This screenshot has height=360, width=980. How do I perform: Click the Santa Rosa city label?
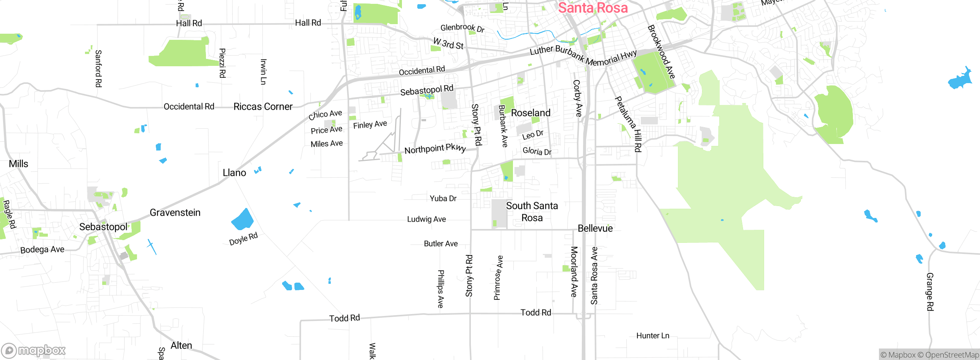click(x=593, y=8)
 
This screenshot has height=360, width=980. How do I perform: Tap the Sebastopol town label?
click(x=103, y=227)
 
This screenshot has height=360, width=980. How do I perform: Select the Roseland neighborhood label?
click(x=531, y=113)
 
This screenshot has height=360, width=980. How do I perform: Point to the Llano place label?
click(x=234, y=173)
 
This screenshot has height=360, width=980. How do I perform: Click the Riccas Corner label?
click(x=263, y=106)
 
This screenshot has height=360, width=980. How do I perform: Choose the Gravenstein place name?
click(x=175, y=213)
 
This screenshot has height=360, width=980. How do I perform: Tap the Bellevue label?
click(x=595, y=228)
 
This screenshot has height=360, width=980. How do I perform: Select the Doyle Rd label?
click(x=243, y=239)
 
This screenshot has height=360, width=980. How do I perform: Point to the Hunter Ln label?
click(x=653, y=336)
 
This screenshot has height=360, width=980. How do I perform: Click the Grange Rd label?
click(x=930, y=291)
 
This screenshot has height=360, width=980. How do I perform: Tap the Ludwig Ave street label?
click(x=426, y=219)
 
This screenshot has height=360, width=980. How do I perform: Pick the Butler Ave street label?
click(x=441, y=244)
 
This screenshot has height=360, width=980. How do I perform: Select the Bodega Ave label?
click(x=42, y=250)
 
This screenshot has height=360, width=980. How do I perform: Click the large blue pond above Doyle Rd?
click(x=242, y=220)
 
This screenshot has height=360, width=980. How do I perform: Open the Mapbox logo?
click(x=34, y=350)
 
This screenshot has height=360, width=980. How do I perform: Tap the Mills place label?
click(x=18, y=164)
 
